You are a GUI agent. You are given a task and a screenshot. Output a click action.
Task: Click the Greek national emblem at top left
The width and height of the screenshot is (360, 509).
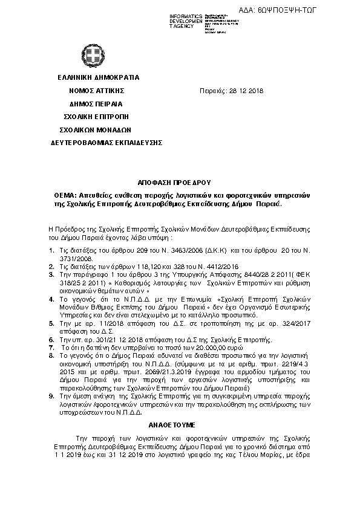(93, 59)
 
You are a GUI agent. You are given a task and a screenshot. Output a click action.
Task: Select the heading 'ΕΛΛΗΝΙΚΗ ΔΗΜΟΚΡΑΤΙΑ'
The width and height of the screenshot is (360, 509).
(99, 77)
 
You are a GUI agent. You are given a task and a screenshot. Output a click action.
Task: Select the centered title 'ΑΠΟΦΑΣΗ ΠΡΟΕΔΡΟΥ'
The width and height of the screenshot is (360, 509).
(180, 182)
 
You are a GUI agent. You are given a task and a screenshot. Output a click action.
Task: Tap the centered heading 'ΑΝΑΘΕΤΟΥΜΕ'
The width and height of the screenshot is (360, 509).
(180, 426)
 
